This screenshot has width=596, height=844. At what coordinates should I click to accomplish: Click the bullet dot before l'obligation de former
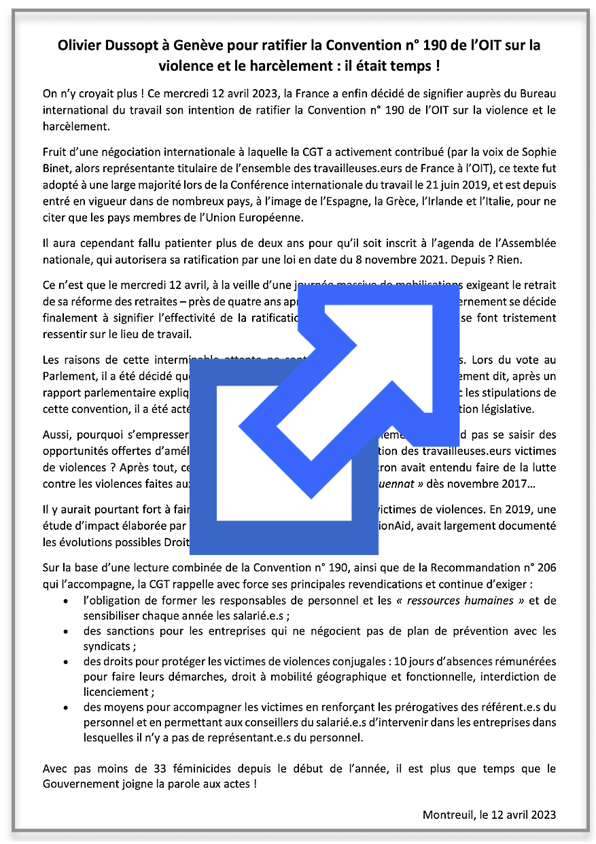coord(65,601)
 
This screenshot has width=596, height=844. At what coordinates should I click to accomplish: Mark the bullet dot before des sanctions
coord(65,631)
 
